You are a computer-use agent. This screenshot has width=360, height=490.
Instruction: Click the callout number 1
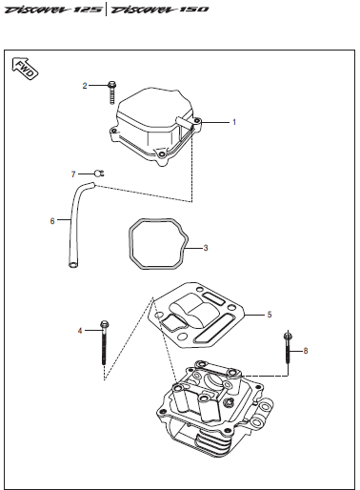tap(234, 122)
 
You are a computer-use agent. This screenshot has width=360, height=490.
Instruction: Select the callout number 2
tap(85, 86)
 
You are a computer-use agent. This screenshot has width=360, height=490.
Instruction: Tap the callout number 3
tap(206, 248)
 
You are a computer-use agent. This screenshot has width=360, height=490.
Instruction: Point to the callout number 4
tap(80, 331)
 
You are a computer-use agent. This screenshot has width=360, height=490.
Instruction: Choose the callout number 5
tap(270, 315)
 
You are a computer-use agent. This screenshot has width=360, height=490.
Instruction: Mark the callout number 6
tap(52, 221)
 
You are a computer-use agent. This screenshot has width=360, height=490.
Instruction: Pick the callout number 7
tap(73, 174)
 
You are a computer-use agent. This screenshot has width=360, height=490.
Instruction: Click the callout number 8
tap(306, 351)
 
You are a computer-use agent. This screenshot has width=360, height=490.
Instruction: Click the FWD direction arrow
tap(25, 69)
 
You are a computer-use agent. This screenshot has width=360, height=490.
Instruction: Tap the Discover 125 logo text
tap(53, 10)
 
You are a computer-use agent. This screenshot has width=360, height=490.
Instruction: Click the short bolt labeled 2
tap(111, 92)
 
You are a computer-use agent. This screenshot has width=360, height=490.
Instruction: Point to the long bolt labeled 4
tap(104, 342)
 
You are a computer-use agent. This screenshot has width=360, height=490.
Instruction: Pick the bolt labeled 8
tap(287, 346)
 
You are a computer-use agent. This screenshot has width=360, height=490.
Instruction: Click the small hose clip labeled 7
tap(99, 174)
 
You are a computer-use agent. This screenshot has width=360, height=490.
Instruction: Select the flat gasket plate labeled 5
tap(197, 315)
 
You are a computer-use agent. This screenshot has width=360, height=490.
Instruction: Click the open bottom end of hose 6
tap(73, 264)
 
